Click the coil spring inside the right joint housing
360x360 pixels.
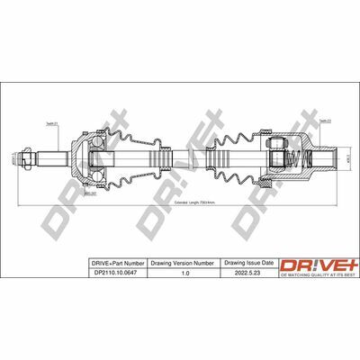tap(305, 157)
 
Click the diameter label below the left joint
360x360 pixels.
tap(90, 192)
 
